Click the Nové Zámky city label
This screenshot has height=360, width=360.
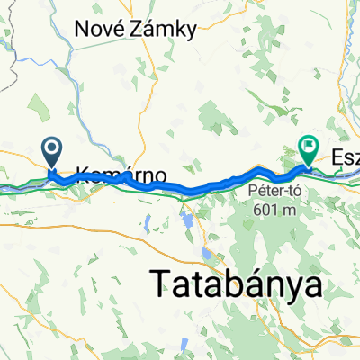point(140,30)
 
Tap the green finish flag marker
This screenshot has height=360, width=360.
point(309,145)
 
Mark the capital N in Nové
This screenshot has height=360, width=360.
point(91,30)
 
